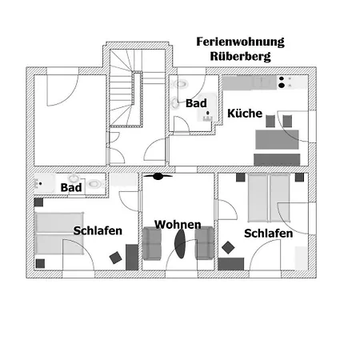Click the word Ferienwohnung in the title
coord(240,42)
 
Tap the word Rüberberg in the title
coord(240,56)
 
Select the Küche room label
coord(245,114)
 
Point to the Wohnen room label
coord(178,225)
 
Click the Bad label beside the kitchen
coord(196,103)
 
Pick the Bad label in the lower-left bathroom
coord(71,187)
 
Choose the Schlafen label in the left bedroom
coord(98,230)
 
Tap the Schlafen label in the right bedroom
coord(268,234)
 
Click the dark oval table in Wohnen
coord(180,244)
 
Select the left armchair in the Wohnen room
coord(152,243)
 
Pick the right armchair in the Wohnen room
coord(204,243)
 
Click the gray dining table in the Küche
coord(277,139)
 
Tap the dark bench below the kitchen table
coord(277,160)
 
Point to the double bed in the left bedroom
coord(59,233)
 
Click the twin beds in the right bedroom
coord(269,198)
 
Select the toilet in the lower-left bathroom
coord(94,183)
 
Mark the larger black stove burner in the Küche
coord(282,86)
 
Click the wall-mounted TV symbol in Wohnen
coord(158,176)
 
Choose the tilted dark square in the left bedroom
coord(116,258)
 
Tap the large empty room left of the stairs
coord(70,120)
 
